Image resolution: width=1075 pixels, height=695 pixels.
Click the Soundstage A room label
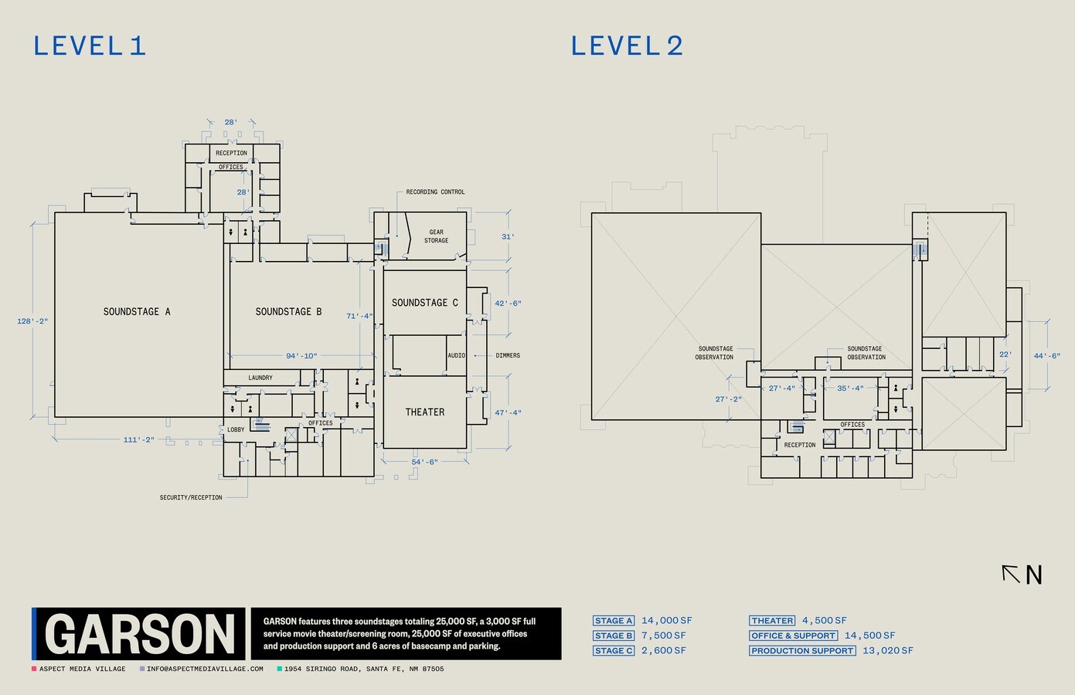click(x=137, y=312)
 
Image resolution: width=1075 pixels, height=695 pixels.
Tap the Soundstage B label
click(x=288, y=312)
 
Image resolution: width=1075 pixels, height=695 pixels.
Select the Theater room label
click(x=425, y=412)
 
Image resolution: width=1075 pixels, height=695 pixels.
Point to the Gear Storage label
click(x=436, y=236)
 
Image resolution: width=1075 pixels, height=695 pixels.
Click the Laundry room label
click(x=260, y=378)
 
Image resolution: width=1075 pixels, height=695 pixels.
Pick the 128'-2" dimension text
click(x=32, y=321)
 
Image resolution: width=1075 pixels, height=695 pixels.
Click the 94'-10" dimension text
click(x=301, y=356)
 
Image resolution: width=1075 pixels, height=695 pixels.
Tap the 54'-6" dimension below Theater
click(x=425, y=462)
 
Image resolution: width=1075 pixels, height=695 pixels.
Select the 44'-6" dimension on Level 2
click(x=1046, y=356)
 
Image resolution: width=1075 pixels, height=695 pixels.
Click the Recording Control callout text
click(x=435, y=192)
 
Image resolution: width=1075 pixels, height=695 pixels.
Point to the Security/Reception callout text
click(x=191, y=497)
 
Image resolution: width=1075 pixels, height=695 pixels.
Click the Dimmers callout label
click(x=508, y=355)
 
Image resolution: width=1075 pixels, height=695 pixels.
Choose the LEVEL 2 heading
click(x=627, y=46)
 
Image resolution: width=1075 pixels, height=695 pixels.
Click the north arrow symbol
click(x=1011, y=574)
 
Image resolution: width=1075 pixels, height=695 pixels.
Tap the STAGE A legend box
click(x=614, y=621)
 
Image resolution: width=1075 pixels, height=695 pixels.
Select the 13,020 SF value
click(x=888, y=651)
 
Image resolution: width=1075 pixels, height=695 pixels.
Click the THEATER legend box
click(x=772, y=621)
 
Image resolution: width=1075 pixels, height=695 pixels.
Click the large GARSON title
click(x=140, y=635)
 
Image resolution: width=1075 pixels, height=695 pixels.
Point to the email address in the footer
click(x=205, y=669)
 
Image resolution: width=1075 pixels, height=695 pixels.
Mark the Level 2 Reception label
click(x=800, y=445)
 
